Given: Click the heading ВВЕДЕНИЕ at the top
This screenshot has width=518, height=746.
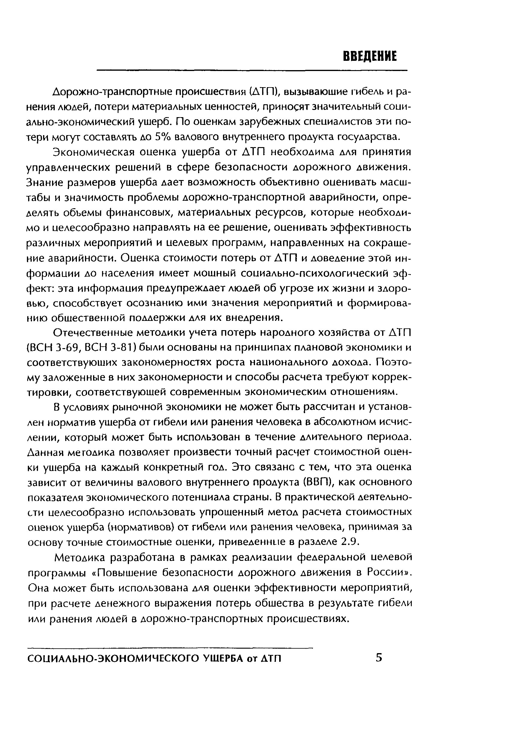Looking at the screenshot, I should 370,56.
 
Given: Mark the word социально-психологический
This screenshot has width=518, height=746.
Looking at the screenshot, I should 315,273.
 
